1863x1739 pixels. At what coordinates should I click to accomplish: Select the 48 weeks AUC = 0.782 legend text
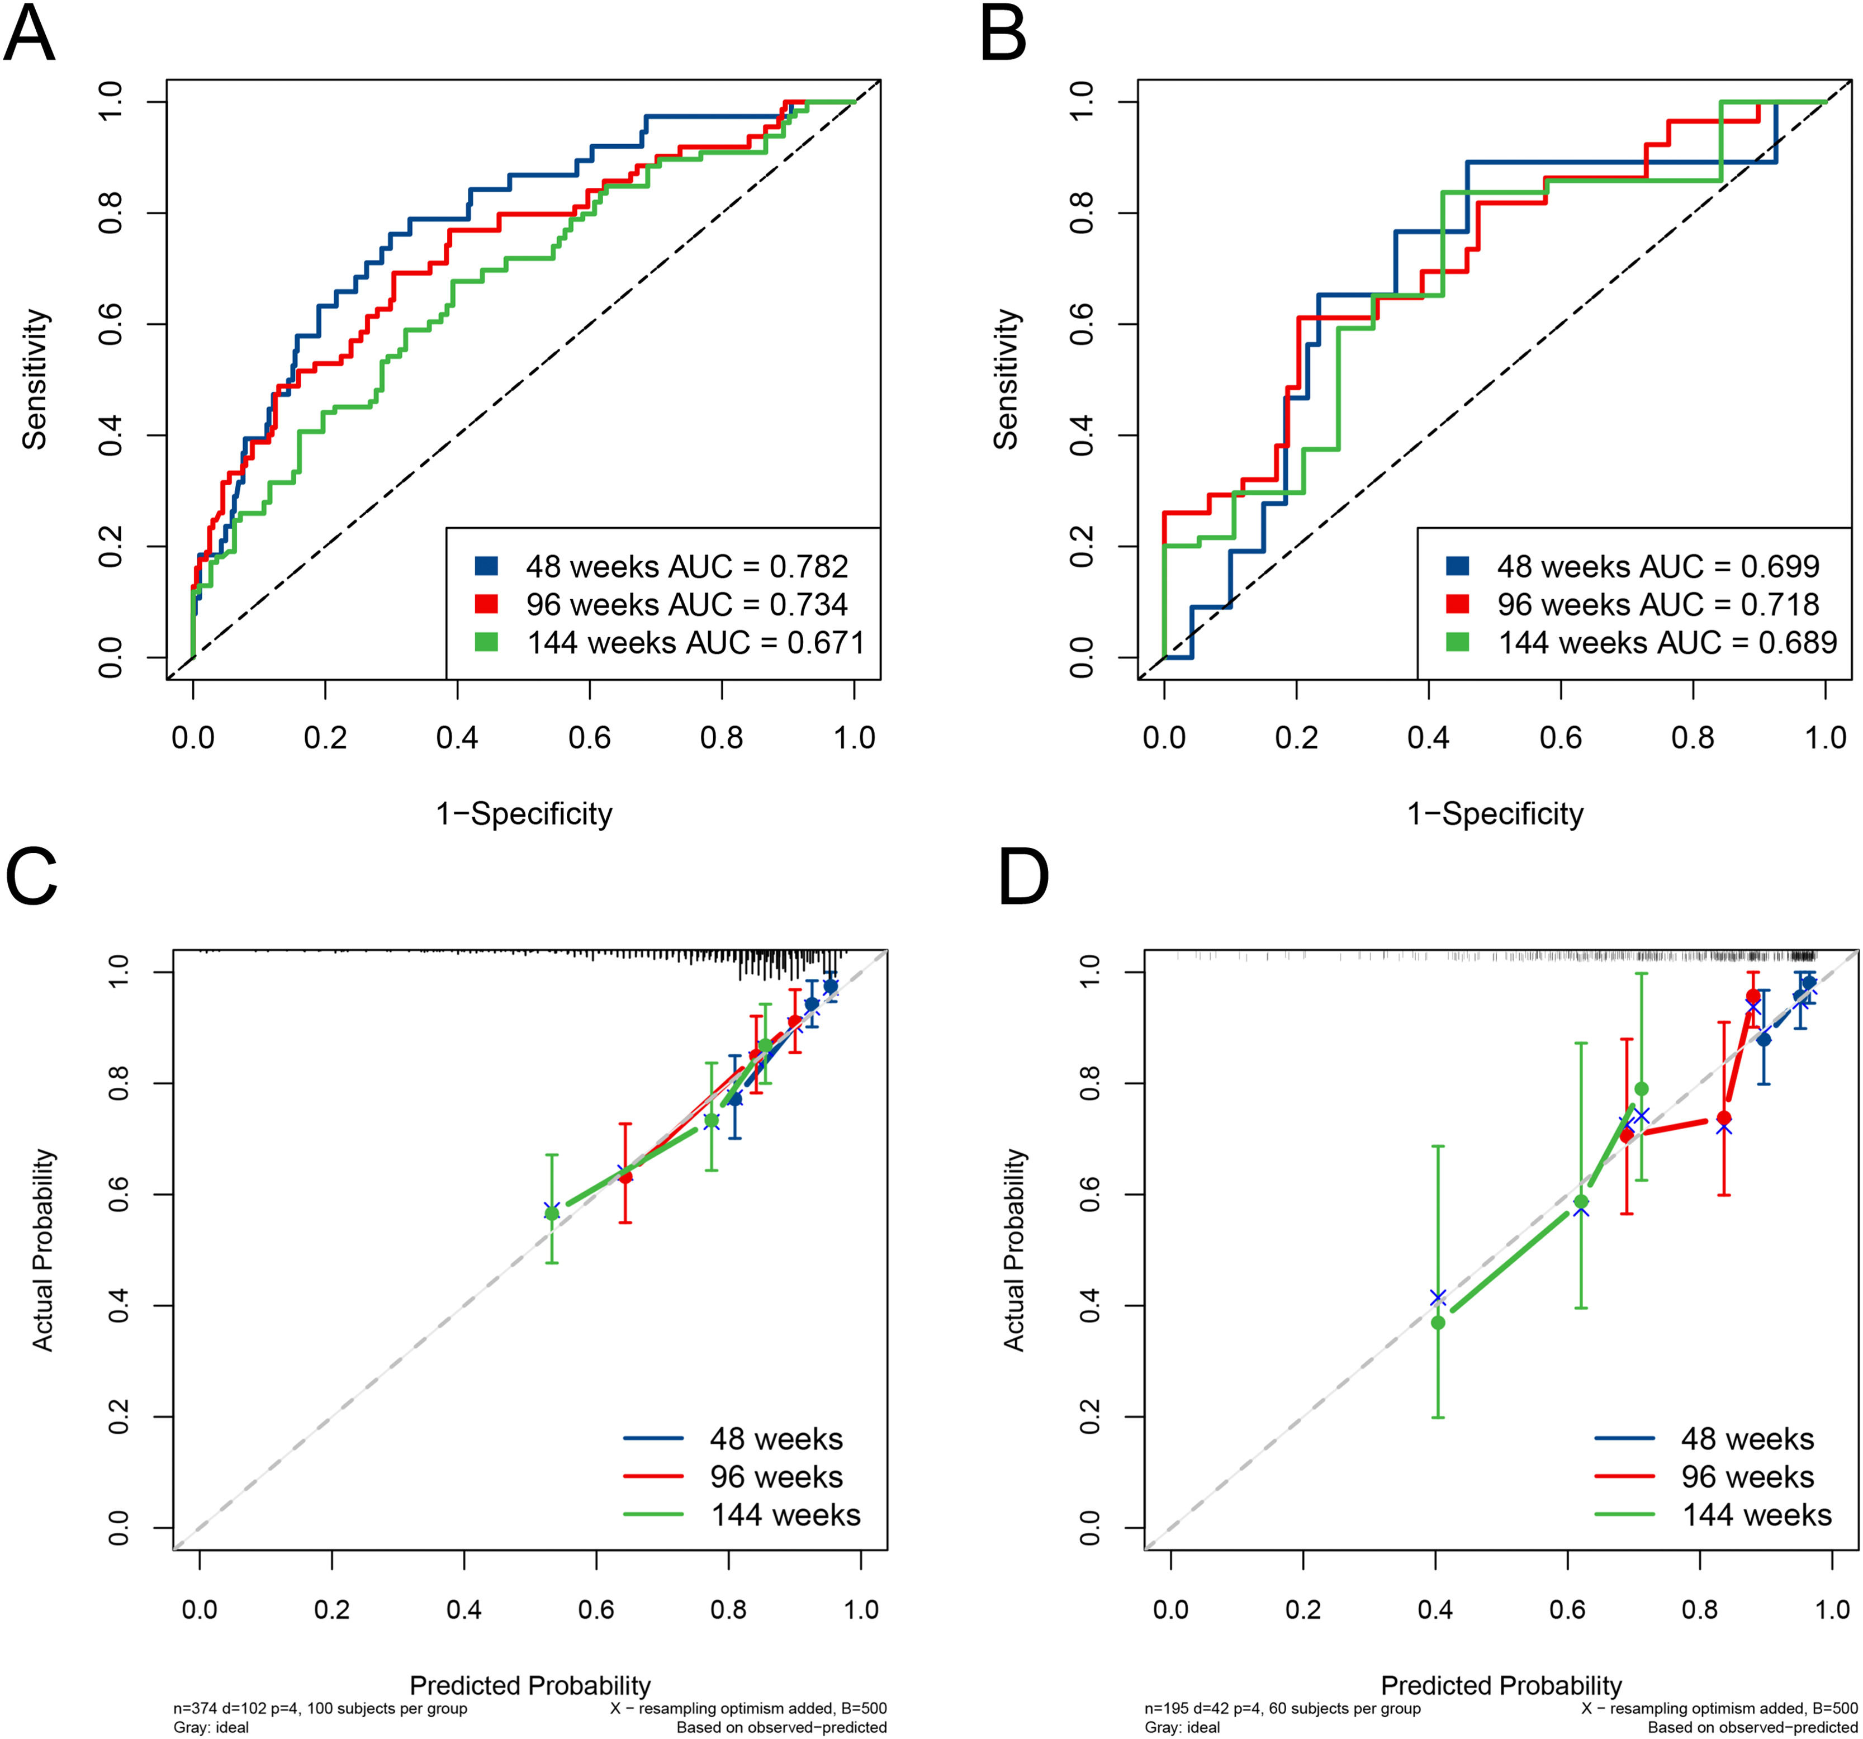[686, 567]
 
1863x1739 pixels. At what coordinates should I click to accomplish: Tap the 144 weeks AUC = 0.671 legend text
[694, 643]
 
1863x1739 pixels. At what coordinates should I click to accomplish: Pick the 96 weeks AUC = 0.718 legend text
[1658, 604]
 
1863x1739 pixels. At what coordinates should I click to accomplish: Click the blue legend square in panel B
[1457, 566]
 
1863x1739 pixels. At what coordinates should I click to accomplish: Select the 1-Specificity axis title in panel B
[1495, 813]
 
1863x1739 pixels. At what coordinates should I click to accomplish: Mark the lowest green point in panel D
[1438, 1322]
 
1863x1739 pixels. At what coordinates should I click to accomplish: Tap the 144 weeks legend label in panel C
[785, 1515]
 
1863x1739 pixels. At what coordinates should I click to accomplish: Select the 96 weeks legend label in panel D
[1747, 1477]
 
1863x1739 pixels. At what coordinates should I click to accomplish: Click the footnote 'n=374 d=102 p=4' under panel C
[320, 1708]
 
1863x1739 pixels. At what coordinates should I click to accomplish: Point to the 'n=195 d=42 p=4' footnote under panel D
[1282, 1708]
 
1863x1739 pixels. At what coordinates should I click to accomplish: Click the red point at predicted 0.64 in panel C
[625, 1176]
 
